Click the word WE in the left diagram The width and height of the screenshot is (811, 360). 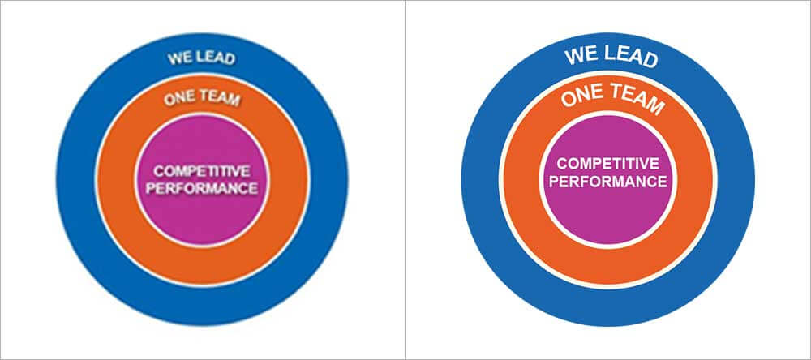(x=178, y=58)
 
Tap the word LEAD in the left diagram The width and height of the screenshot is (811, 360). (x=212, y=58)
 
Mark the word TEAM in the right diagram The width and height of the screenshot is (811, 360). (x=634, y=102)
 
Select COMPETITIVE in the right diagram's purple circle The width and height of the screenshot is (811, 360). (x=607, y=163)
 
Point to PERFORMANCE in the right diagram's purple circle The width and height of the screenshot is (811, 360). (x=607, y=181)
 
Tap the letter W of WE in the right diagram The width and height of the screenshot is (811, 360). (x=573, y=55)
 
